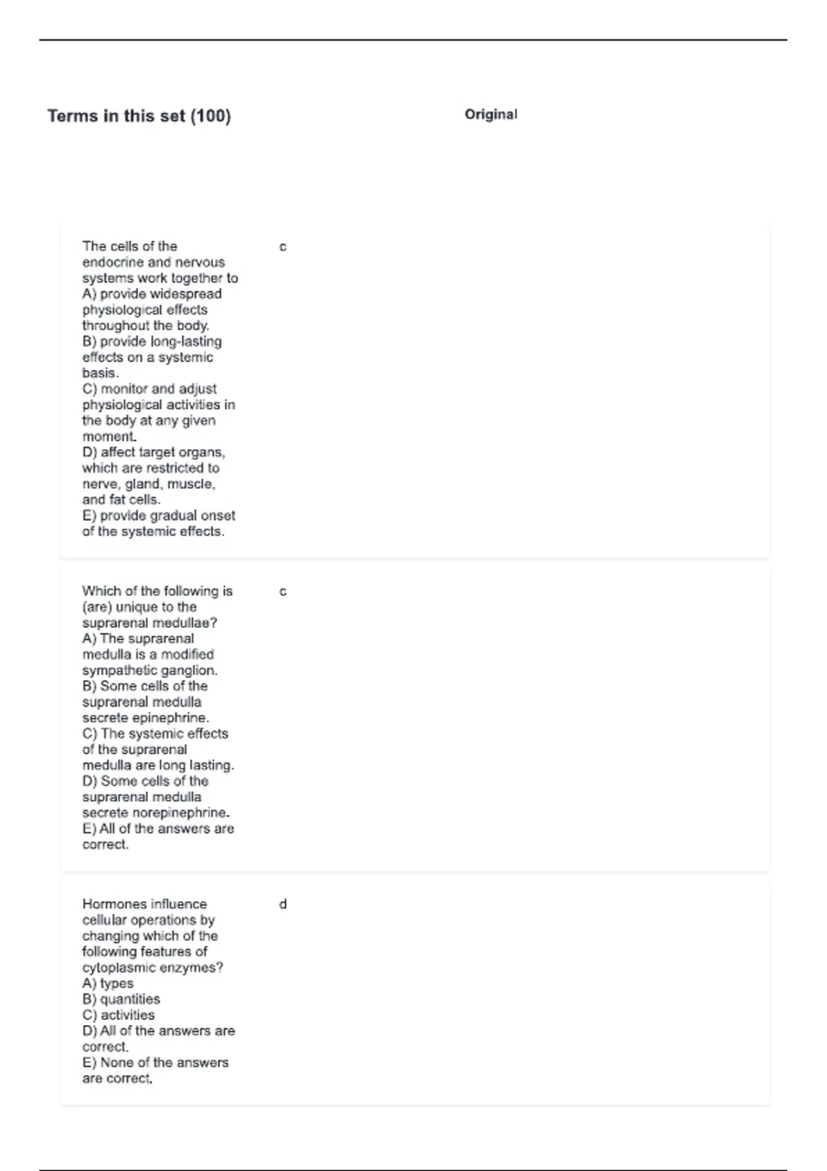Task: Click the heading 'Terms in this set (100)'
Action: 139,116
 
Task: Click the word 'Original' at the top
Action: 491,114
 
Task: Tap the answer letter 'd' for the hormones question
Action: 283,904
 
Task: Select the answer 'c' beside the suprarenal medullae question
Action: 283,592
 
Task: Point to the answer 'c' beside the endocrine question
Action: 283,247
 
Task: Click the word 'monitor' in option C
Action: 124,389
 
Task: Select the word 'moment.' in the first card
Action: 110,437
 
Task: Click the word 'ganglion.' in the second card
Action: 187,671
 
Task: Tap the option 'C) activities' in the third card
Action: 119,1015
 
